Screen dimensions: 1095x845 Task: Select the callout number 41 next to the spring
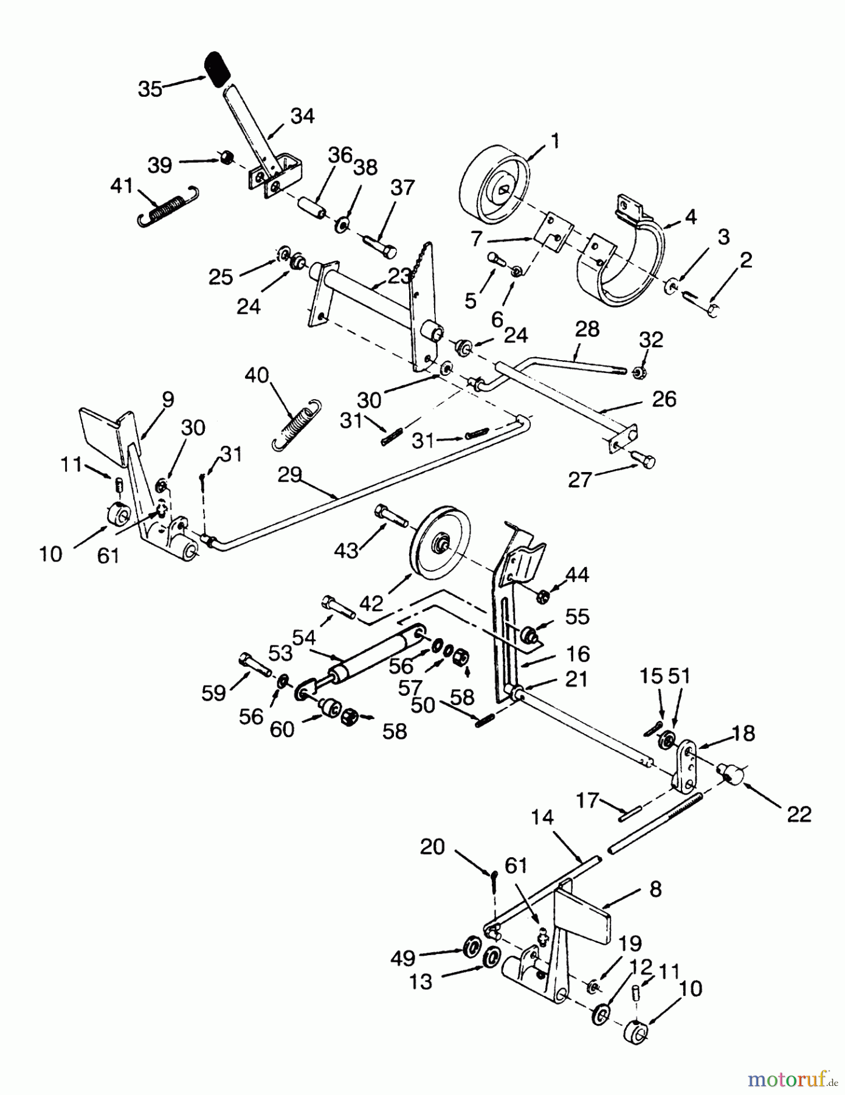122,185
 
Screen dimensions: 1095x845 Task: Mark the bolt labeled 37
379,245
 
